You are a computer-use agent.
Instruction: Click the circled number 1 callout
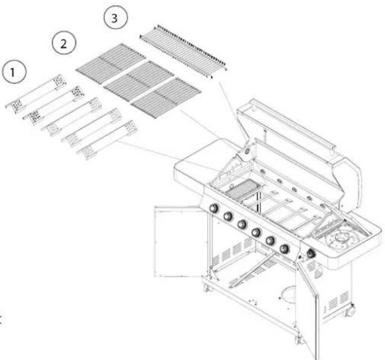[14, 71]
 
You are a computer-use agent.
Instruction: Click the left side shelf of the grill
[198, 166]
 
